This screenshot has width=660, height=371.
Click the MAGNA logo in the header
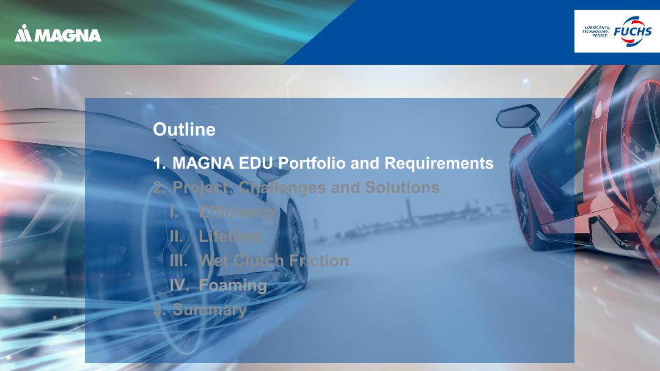click(x=57, y=33)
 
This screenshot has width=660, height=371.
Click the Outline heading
click(x=185, y=130)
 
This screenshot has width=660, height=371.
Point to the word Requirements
click(x=439, y=163)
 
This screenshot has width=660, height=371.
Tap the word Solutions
click(x=402, y=188)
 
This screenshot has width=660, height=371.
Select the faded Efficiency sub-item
click(x=237, y=212)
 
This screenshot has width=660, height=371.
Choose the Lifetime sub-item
click(x=230, y=237)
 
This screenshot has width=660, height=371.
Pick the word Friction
click(x=318, y=260)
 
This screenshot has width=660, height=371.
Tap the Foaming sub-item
click(x=233, y=285)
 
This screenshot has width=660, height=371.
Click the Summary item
click(x=210, y=310)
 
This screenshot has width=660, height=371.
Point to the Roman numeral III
click(x=178, y=260)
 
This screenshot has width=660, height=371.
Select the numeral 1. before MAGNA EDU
click(x=159, y=163)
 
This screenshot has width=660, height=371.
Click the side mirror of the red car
click(x=518, y=116)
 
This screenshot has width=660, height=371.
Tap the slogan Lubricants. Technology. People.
click(x=596, y=32)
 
